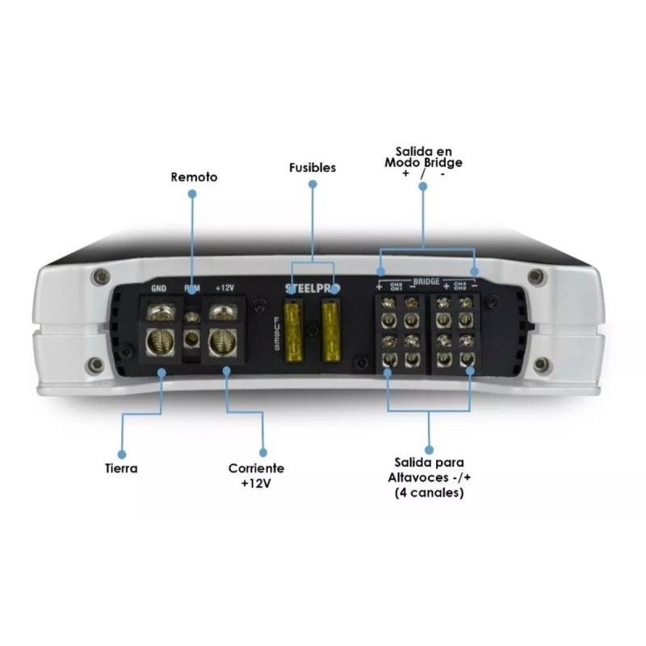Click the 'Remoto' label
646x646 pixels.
tap(194, 176)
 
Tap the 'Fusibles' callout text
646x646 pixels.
tap(313, 168)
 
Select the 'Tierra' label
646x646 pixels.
tap(120, 468)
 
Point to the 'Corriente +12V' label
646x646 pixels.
tap(256, 476)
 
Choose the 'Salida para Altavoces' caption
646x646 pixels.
tap(429, 476)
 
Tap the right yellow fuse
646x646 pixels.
tap(330, 330)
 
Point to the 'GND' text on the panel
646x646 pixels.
tap(158, 287)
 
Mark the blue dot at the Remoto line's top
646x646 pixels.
tap(192, 194)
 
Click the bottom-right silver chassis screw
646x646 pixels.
tap(539, 363)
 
